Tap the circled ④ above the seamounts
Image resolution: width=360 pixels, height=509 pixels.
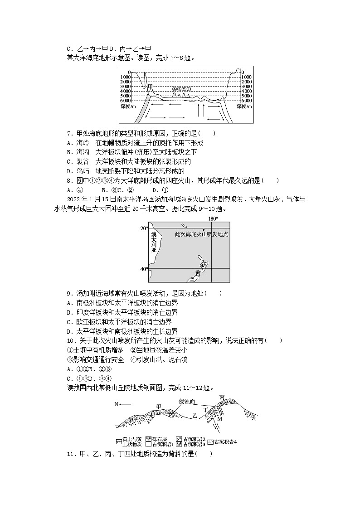pyautogui.click(x=174, y=89)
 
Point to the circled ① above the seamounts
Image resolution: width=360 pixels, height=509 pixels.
pyautogui.click(x=189, y=89)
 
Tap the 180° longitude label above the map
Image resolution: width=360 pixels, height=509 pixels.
pyautogui.click(x=213, y=218)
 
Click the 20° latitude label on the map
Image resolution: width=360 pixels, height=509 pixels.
pyautogui.click(x=144, y=228)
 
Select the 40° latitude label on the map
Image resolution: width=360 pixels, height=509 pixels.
pyautogui.click(x=144, y=269)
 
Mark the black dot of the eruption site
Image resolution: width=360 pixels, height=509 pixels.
pyautogui.click(x=204, y=230)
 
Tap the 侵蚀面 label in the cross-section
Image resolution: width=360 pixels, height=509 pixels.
pyautogui.click(x=186, y=401)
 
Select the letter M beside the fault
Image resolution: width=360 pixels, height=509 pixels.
pyautogui.click(x=219, y=419)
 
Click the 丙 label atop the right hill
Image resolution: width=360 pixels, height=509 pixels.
pyautogui.click(x=221, y=398)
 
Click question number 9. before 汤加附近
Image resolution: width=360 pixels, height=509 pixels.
pyautogui.click(x=69, y=293)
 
